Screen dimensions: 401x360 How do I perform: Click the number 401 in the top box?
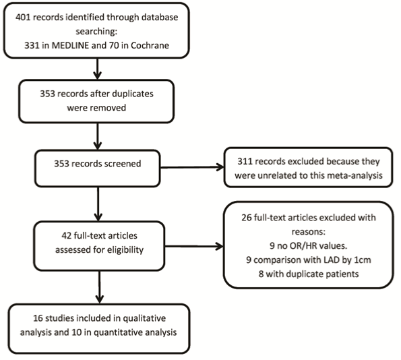[23, 18]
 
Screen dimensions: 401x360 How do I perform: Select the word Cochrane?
[150, 46]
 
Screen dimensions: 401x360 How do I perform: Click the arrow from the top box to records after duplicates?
[97, 69]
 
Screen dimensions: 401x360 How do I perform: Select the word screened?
[125, 164]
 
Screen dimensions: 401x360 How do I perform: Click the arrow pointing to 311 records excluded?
[192, 167]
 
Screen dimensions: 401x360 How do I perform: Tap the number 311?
[245, 161]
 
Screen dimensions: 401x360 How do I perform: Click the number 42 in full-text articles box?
[66, 236]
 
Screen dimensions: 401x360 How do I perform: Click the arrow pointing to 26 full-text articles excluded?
[194, 246]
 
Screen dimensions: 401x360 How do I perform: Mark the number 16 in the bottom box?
[38, 318]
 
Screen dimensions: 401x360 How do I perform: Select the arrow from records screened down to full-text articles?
[98, 204]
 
